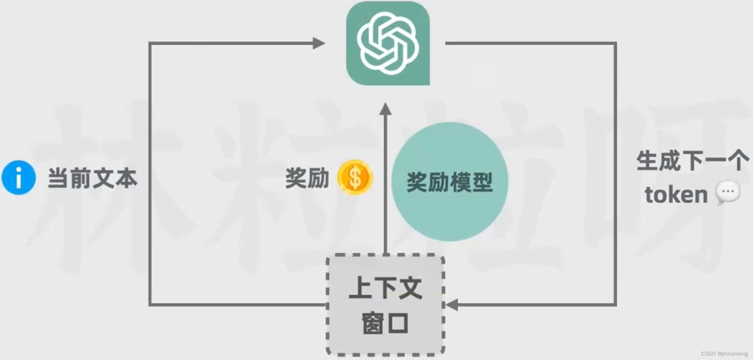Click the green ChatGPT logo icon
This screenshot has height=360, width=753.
[388, 43]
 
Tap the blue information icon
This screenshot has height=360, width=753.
[18, 177]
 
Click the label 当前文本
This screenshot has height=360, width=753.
[92, 178]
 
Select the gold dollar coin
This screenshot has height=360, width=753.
[355, 177]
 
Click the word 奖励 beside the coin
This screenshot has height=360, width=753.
[307, 178]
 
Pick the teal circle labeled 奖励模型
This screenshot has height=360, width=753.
[449, 181]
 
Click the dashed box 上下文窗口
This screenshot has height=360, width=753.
[385, 305]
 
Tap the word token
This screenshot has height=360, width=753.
[676, 195]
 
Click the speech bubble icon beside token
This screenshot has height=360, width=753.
[728, 192]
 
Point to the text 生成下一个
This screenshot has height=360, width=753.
[693, 161]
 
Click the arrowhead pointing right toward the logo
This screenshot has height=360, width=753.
[319, 43]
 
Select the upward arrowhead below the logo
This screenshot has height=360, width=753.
[385, 109]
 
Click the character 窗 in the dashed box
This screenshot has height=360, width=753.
[373, 323]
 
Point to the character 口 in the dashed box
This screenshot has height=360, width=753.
[398, 323]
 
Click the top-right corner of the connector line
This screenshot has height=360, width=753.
[615, 43]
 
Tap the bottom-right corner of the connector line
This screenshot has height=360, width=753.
[615, 305]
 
